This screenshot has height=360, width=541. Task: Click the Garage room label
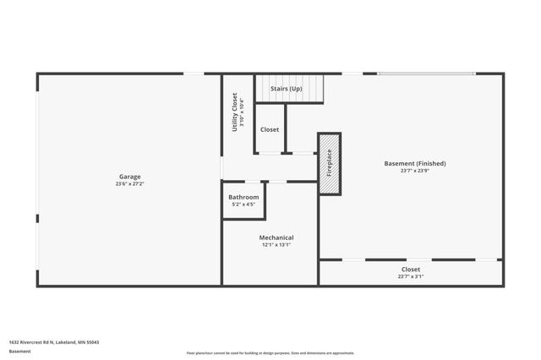point(129,177)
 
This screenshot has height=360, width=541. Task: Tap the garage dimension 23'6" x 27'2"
point(129,183)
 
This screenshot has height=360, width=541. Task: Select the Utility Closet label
point(234,112)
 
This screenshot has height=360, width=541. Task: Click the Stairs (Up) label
point(286,89)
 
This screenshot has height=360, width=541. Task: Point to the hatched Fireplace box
point(330,164)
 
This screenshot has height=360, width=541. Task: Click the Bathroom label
point(243,197)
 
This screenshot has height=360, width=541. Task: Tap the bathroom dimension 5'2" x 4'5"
point(243,205)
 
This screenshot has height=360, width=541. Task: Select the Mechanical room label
point(276,237)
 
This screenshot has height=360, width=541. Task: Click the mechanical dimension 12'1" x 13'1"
point(276,245)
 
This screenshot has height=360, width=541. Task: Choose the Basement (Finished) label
point(414,163)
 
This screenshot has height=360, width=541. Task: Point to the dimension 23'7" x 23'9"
point(414,171)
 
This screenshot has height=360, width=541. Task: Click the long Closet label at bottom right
point(411,269)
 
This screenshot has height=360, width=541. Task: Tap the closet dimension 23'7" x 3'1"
point(411,276)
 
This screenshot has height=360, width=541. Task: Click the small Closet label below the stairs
point(270,130)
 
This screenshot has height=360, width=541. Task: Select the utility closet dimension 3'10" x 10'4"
point(242,112)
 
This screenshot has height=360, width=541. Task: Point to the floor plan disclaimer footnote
point(270,353)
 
